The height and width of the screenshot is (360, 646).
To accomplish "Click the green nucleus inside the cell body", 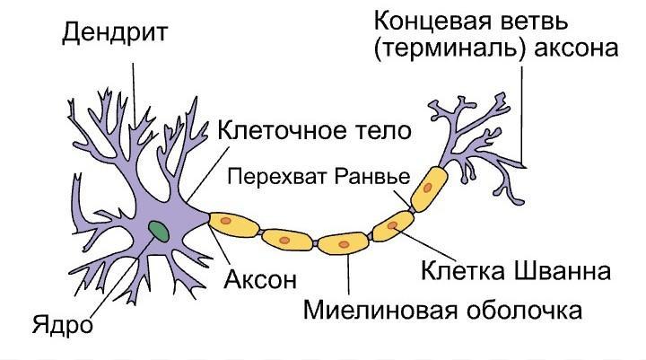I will pos(159,230).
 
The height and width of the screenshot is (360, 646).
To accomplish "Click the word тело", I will pos(384,131).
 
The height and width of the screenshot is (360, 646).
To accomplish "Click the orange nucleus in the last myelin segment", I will pos(428,186).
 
